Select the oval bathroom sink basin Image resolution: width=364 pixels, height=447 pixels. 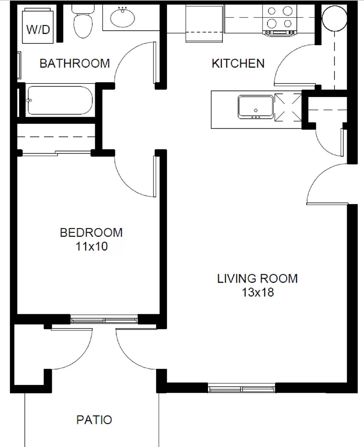[122, 18]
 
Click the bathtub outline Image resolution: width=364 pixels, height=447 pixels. [60, 100]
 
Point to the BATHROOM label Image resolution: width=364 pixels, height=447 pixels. [75, 63]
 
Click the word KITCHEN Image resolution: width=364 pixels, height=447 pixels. [238, 63]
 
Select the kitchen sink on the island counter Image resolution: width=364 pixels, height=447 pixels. [256, 107]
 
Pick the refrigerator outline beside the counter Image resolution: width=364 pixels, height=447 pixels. [204, 24]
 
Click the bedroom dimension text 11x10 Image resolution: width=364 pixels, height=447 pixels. [92, 246]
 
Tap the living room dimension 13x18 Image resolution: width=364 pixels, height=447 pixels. [258, 293]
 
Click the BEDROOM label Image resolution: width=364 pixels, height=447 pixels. [91, 233]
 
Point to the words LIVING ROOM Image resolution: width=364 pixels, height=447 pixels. [258, 279]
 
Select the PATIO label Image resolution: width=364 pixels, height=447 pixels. [94, 420]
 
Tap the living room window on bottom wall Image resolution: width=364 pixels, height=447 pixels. [242, 389]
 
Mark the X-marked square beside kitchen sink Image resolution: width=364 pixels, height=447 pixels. [288, 107]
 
